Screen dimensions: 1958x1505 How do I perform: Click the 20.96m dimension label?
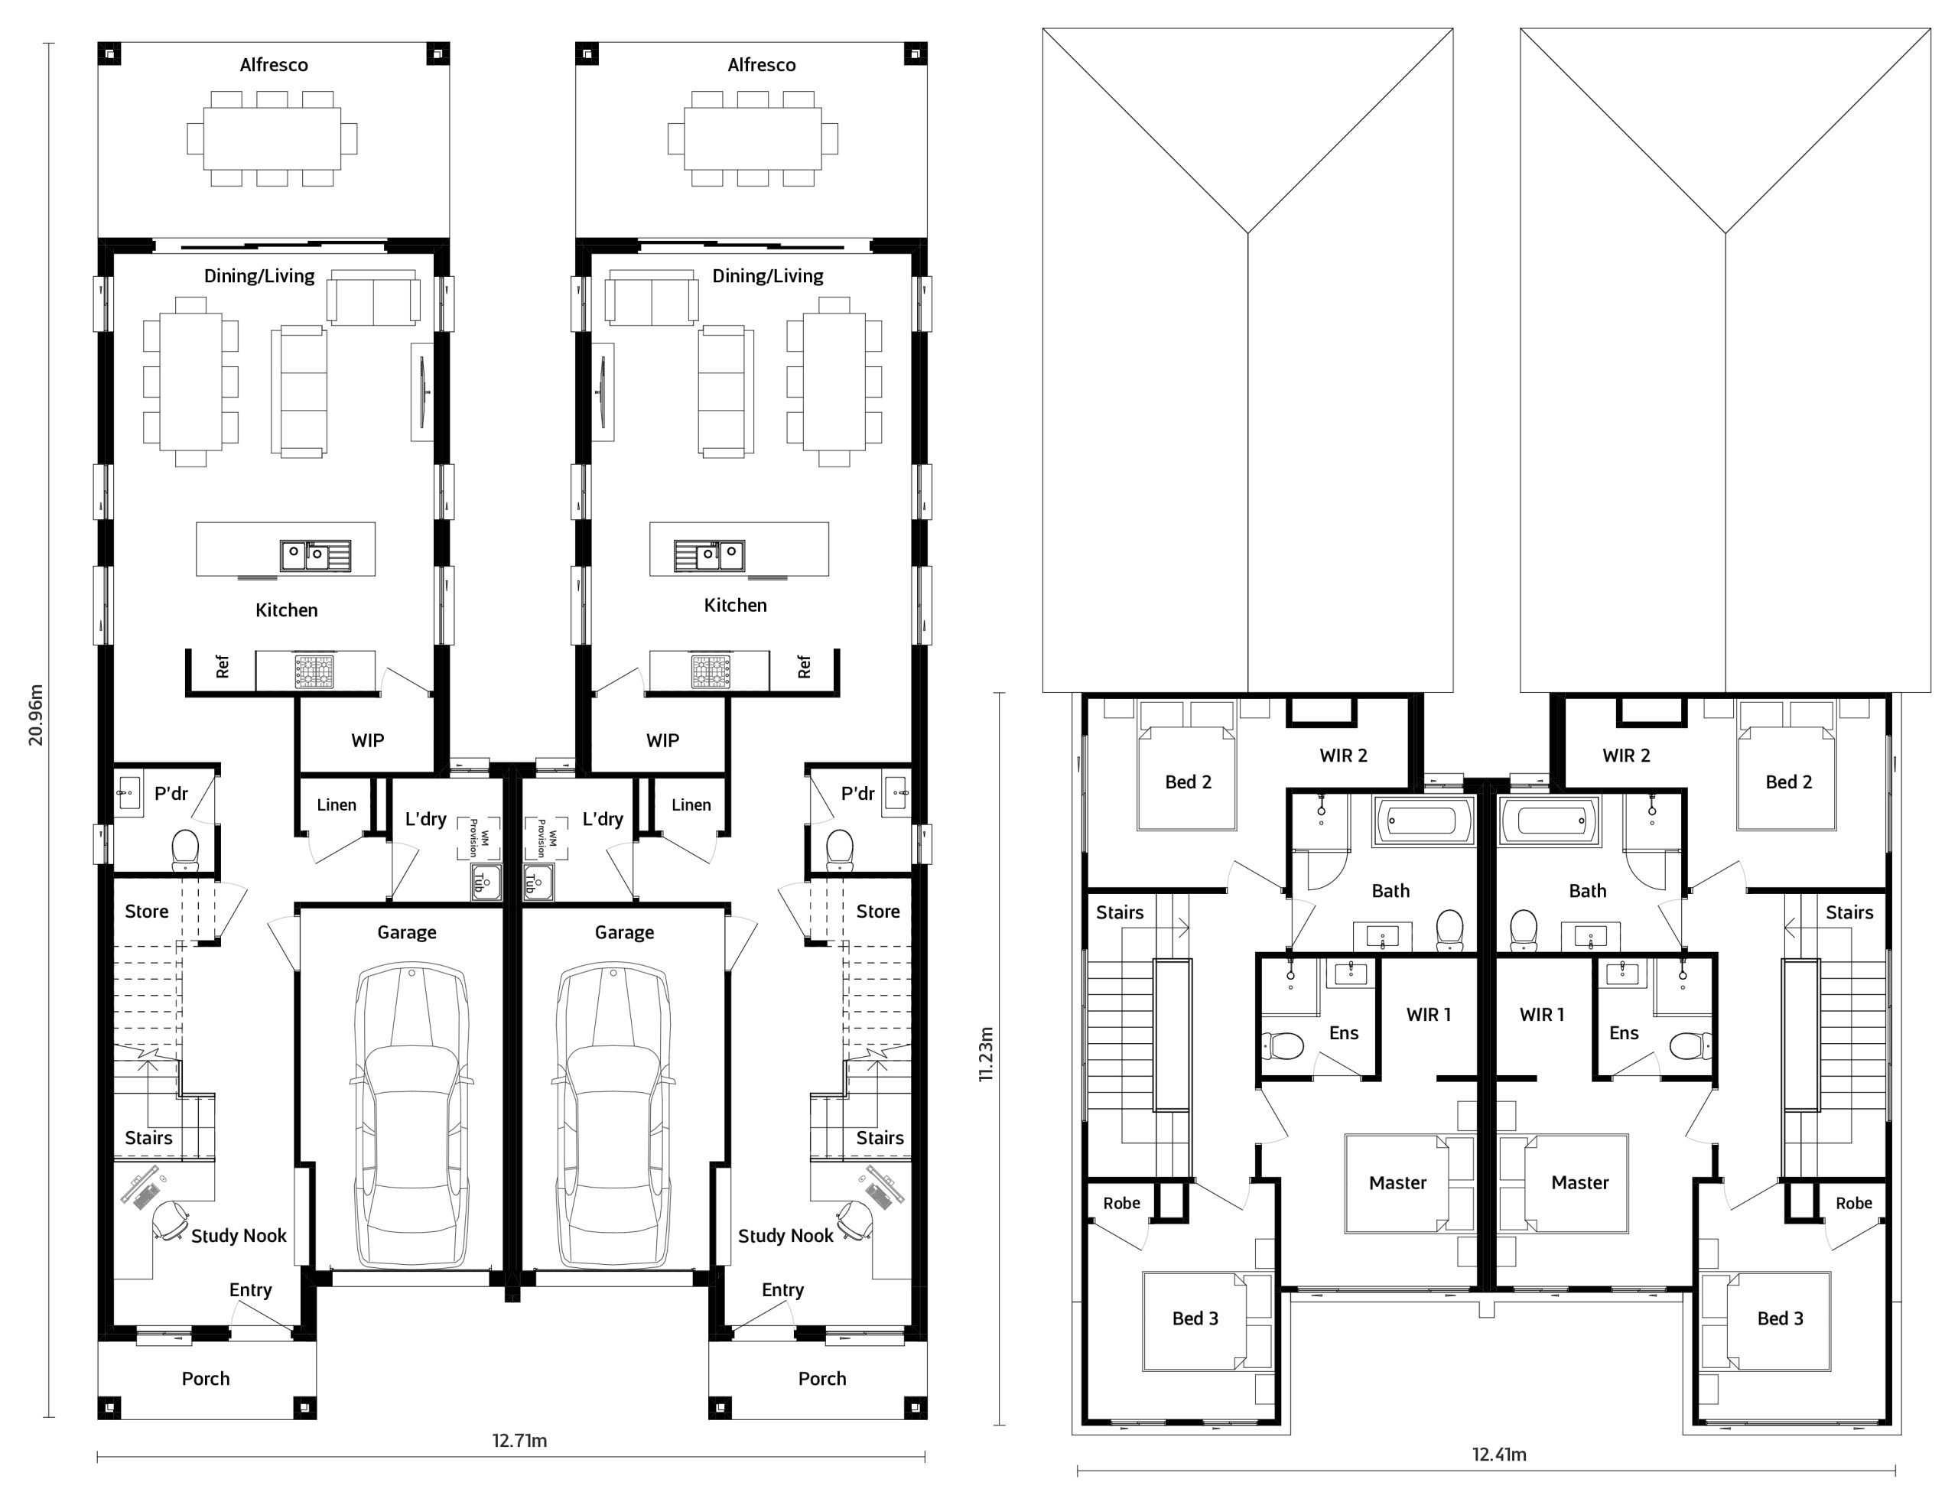click(36, 715)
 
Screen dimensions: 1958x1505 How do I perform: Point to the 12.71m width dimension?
click(519, 1441)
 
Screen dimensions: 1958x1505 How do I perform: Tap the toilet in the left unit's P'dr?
click(184, 848)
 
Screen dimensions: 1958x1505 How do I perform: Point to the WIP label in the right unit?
click(663, 741)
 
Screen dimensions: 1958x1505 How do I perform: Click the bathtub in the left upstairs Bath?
click(1423, 821)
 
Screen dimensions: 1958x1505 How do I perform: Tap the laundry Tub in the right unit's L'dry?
click(538, 882)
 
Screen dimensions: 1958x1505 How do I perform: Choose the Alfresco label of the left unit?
click(274, 64)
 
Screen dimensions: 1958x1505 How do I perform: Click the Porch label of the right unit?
click(822, 1379)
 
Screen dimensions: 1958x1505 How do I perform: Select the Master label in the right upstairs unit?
click(1580, 1182)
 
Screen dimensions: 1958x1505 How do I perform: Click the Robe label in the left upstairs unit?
click(1121, 1203)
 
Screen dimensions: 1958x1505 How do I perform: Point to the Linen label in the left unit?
click(337, 805)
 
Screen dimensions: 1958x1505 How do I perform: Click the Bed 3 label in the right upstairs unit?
click(1781, 1318)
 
